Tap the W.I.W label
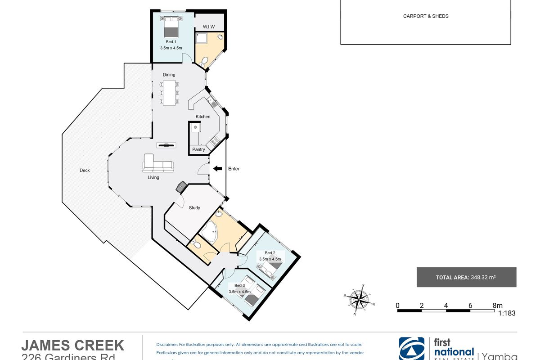click(x=208, y=26)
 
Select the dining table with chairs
click(x=169, y=92)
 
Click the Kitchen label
click(x=203, y=117)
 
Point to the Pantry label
click(x=198, y=149)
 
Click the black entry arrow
click(x=217, y=169)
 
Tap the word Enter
click(x=234, y=169)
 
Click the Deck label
click(x=85, y=170)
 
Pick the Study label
click(x=194, y=208)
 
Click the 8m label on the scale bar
click(x=497, y=305)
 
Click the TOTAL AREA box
click(x=466, y=277)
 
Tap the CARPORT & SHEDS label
click(x=426, y=16)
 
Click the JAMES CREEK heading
click(x=73, y=345)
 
